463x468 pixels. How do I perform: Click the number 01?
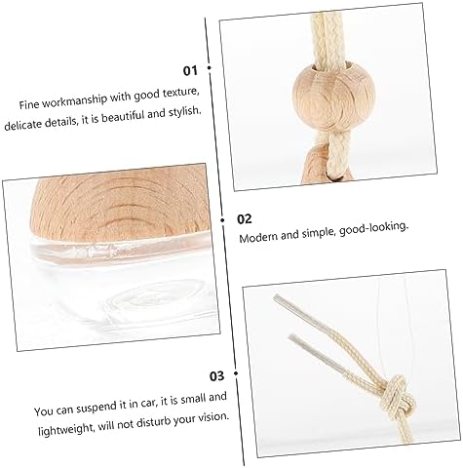point(190,70)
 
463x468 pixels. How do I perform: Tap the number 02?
point(245,219)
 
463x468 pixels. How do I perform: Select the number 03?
point(216,376)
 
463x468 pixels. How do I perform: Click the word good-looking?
point(373,228)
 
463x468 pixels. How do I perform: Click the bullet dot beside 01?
point(209,68)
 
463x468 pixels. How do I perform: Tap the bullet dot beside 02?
point(222,220)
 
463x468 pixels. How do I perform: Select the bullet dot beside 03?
point(236,373)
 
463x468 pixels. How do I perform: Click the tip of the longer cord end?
point(276,296)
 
